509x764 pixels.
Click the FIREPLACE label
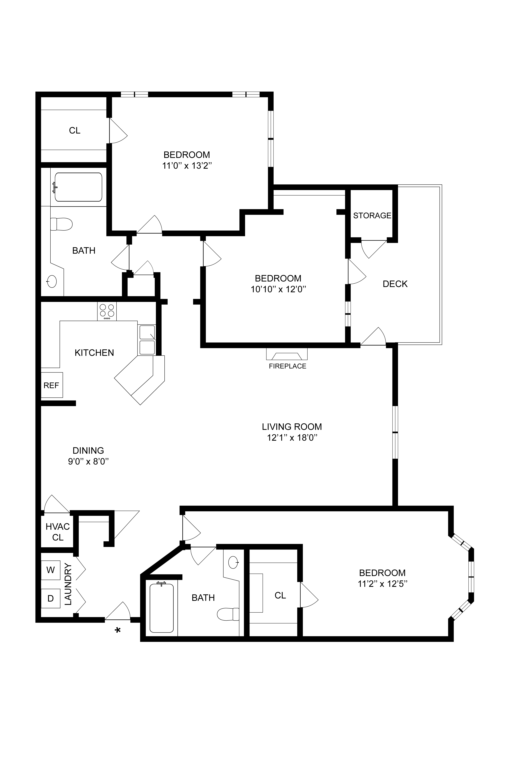coord(287,366)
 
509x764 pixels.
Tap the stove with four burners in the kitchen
coord(107,311)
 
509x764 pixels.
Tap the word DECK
coord(395,284)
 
